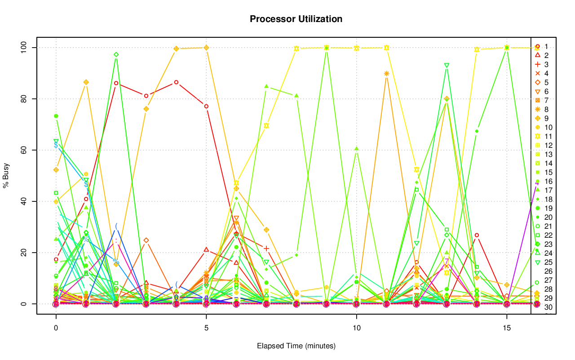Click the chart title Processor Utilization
point(296,19)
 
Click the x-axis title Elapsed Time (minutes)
point(296,346)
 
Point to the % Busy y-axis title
point(6,175)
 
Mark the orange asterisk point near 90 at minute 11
point(386,73)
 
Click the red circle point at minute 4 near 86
point(176,82)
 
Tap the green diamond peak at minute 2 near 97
point(116,54)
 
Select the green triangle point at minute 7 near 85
point(266,86)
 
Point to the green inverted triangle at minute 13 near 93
point(447,65)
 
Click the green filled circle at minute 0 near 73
point(56,116)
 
